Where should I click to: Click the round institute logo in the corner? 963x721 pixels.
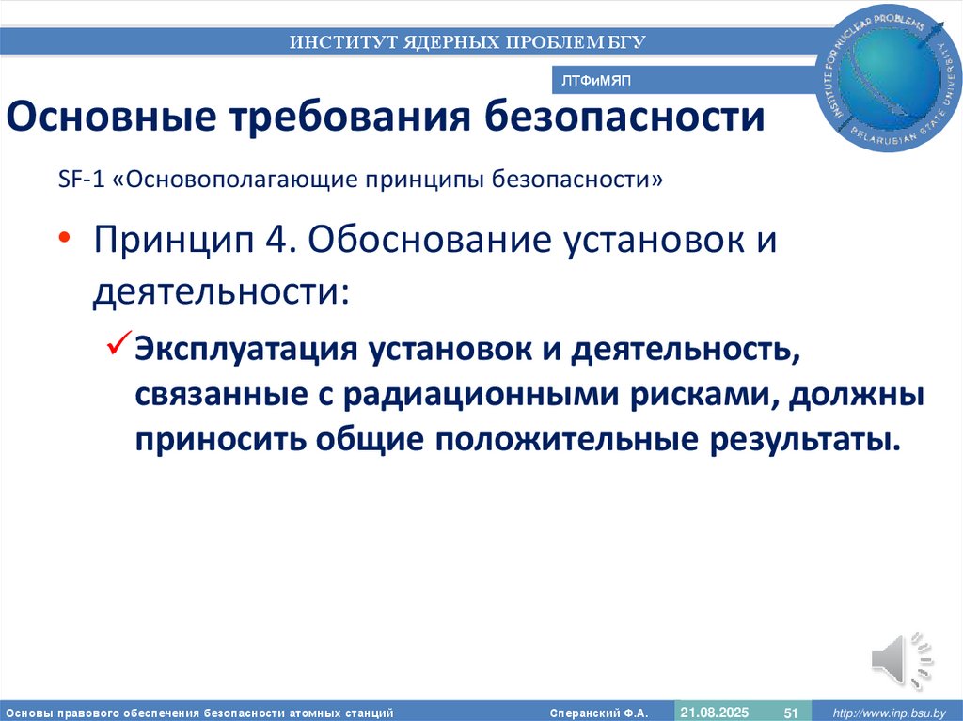[892, 81]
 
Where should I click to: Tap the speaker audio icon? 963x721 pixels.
[902, 661]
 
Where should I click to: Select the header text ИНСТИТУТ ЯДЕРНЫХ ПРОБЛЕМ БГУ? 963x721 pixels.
[467, 41]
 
